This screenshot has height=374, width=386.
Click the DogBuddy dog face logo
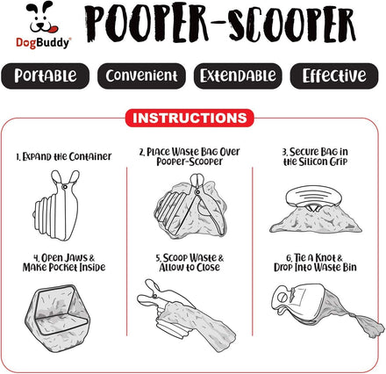point(43,18)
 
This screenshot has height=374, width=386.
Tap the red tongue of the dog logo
point(54,29)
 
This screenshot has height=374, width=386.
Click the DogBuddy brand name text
point(43,43)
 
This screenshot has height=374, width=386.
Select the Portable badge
point(46,76)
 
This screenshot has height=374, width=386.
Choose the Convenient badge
point(141,76)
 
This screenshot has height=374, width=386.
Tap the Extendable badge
point(238,76)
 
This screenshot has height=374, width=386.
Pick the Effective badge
point(334,76)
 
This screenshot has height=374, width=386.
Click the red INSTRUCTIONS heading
point(189,118)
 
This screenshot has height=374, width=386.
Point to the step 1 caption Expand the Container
point(64,156)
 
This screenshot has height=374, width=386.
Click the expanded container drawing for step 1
point(56,205)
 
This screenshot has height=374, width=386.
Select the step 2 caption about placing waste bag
point(189,156)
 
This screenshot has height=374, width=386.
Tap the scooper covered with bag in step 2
point(190,206)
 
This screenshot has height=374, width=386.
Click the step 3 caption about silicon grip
point(315,156)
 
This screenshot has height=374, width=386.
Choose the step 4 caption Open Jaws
point(64,263)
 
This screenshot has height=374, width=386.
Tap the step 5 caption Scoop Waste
point(189,263)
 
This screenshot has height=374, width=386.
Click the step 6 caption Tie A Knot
point(315,263)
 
